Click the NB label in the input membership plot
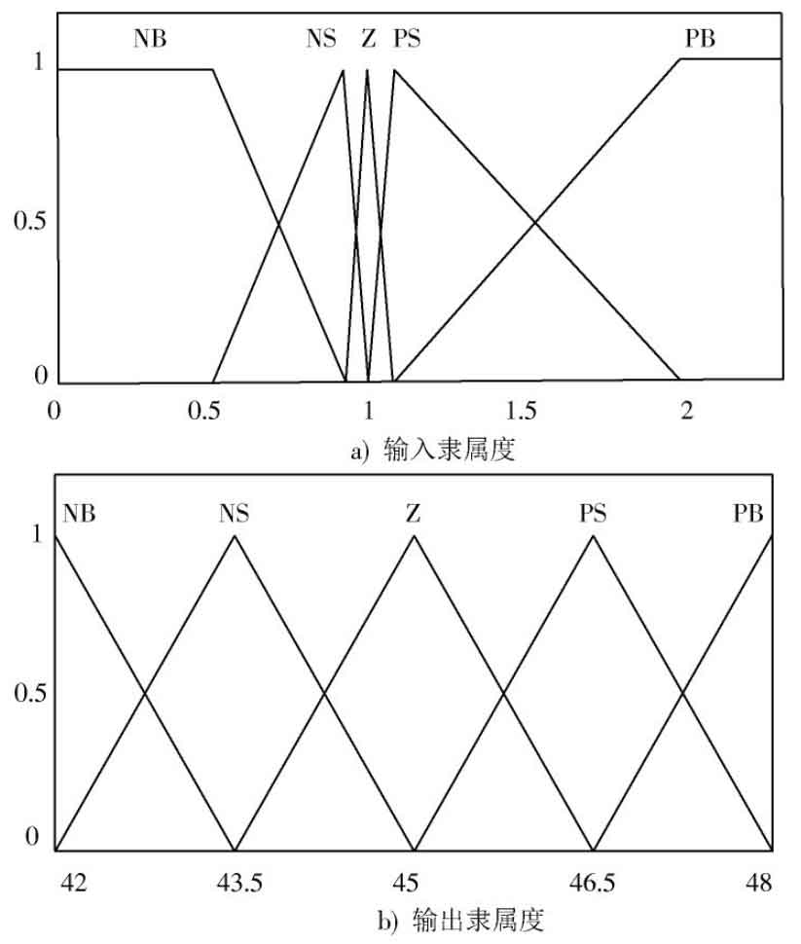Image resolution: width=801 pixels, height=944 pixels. coord(150,39)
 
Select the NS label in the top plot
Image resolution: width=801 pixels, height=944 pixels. coord(321,39)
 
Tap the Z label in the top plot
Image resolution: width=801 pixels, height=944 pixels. coord(369,39)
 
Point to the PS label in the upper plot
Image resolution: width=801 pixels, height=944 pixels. coord(407,39)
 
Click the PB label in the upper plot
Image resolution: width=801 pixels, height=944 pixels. coord(700,39)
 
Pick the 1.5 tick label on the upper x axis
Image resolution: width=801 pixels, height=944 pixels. coord(521,411)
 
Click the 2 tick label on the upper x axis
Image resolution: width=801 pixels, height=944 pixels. coord(686,411)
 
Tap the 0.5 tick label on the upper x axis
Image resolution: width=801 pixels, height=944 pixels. coord(203,411)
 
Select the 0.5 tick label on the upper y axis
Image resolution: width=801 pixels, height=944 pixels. coord(29,221)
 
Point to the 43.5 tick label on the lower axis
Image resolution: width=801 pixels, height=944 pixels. coord(239,883)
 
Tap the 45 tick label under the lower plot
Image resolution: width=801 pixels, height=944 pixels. coord(405,883)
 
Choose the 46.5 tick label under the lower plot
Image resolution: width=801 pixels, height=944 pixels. coord(592,883)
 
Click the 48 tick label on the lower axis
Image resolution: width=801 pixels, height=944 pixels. coord(758,883)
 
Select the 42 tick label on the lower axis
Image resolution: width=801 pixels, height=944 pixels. coord(73,883)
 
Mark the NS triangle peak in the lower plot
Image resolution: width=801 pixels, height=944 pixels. coord(235,534)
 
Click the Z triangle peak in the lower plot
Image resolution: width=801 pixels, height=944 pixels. coord(414,534)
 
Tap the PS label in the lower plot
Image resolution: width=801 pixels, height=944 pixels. coord(594,514)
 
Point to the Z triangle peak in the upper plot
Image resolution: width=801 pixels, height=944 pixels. coord(367,70)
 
